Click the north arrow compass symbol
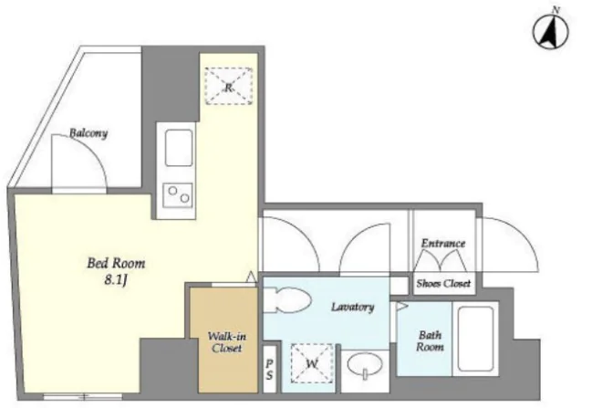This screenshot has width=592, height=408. (x=550, y=31)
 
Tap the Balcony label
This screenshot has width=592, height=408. (x=88, y=133)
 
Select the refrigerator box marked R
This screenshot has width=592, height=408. (x=228, y=86)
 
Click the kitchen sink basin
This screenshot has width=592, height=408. (x=179, y=148)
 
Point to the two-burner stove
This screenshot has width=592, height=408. (x=178, y=195)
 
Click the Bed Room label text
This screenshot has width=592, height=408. (x=116, y=263)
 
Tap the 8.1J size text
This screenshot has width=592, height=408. (x=115, y=280)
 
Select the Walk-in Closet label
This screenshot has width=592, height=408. (x=227, y=342)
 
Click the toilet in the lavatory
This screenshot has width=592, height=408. (x=287, y=300)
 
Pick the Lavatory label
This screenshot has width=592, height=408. (x=353, y=307)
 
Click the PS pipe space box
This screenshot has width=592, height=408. (x=269, y=369)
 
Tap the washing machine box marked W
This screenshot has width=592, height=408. (x=312, y=363)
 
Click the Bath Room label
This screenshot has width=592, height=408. (x=430, y=341)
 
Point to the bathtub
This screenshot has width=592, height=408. (x=476, y=339)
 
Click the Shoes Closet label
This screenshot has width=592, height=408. (x=443, y=283)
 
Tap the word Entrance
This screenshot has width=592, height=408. (x=443, y=244)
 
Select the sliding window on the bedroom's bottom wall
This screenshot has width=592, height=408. (x=83, y=397)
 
